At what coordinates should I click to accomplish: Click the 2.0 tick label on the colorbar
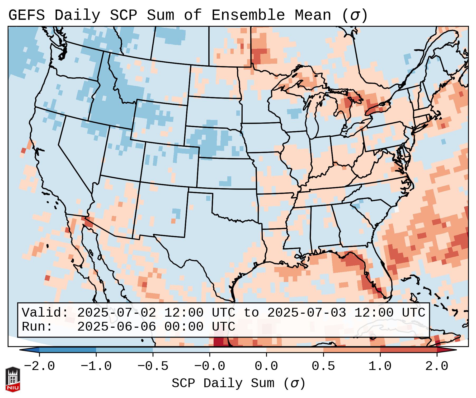click(437, 366)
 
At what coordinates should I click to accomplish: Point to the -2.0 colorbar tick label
click(39, 366)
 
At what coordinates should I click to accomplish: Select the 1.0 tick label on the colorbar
click(380, 366)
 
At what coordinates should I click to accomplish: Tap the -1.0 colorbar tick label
click(96, 366)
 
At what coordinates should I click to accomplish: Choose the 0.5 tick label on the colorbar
click(323, 366)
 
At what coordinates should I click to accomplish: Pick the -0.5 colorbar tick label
click(153, 366)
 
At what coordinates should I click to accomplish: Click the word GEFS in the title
click(26, 15)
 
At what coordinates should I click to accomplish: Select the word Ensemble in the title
click(248, 15)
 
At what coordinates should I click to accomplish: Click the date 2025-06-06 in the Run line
click(117, 327)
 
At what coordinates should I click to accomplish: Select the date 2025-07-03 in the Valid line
click(307, 313)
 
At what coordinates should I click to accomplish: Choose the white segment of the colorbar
click(238, 350)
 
